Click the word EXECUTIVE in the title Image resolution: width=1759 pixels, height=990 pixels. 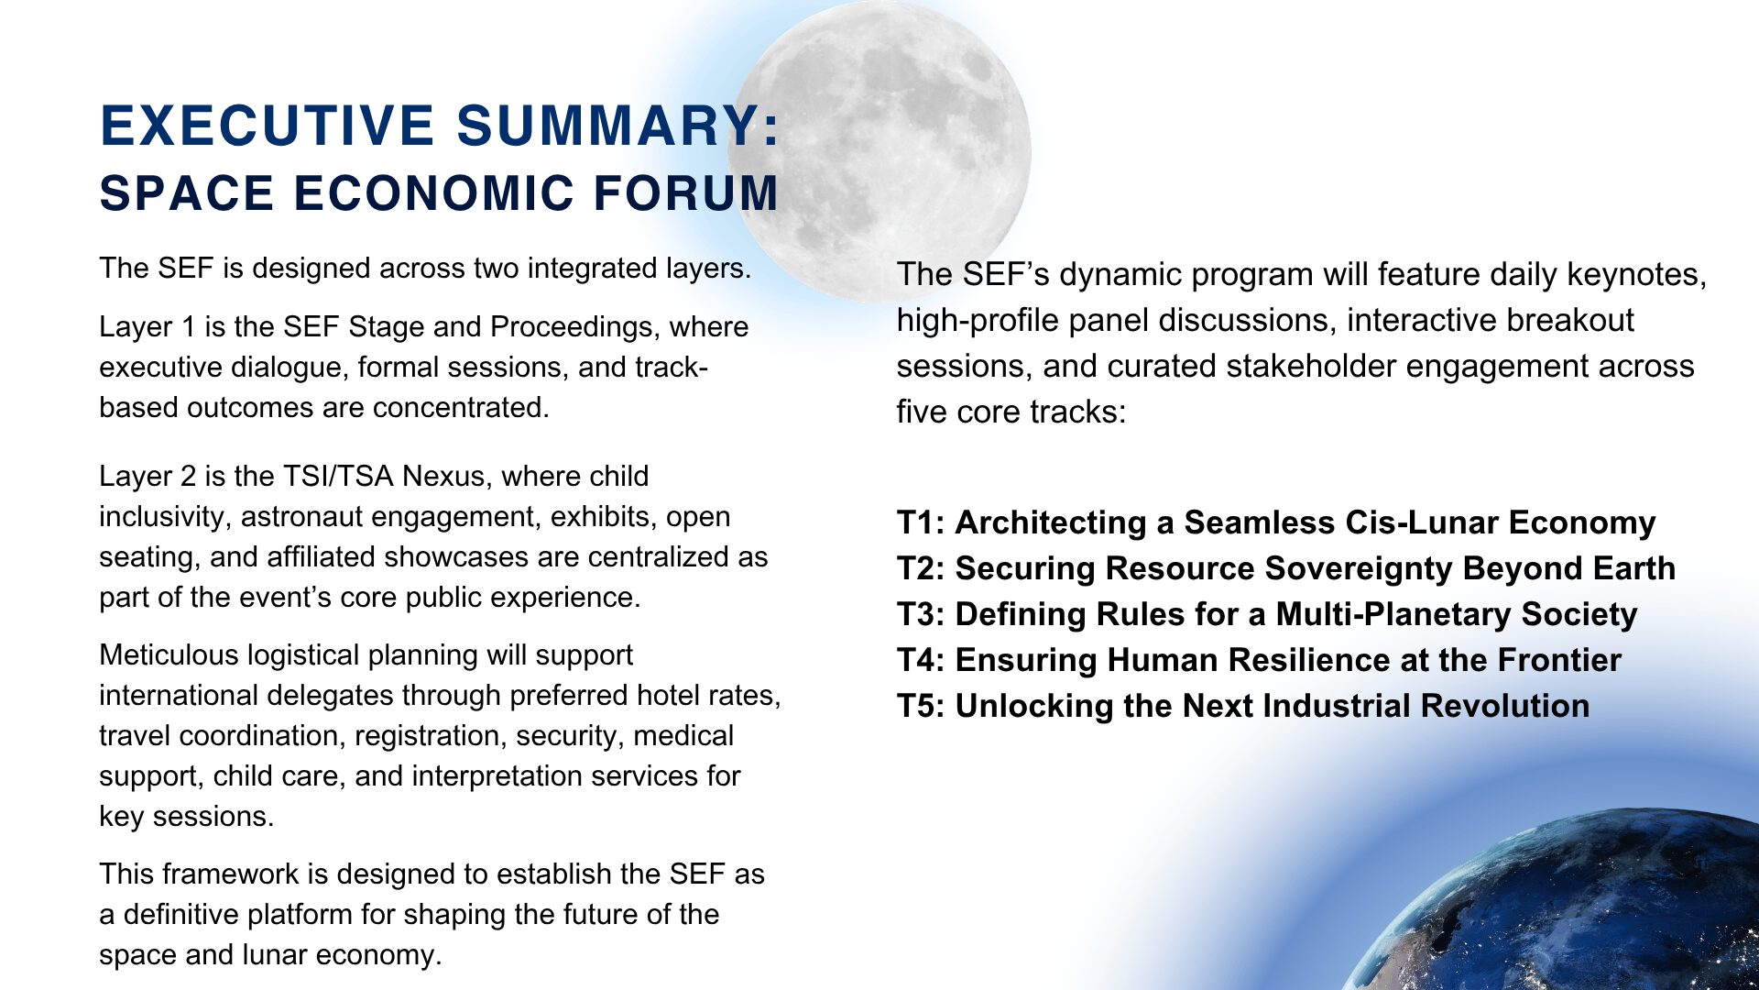click(x=267, y=126)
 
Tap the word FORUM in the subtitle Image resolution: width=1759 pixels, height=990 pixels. click(x=686, y=193)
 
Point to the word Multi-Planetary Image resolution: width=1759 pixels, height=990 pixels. click(x=1393, y=614)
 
